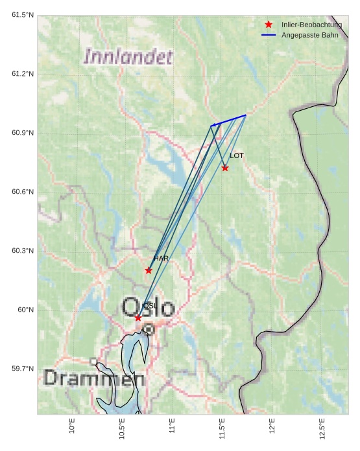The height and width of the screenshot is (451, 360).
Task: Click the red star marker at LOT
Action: pyautogui.click(x=225, y=168)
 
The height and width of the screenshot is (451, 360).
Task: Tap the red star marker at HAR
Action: pyautogui.click(x=149, y=270)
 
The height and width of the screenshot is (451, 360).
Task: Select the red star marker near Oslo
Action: pyautogui.click(x=138, y=318)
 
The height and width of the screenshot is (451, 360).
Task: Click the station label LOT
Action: pyautogui.click(x=237, y=156)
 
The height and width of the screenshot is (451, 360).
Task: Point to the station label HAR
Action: pyautogui.click(x=161, y=259)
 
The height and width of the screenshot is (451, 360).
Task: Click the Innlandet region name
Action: pyautogui.click(x=128, y=57)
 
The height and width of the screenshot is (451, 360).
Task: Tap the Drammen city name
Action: pyautogui.click(x=93, y=378)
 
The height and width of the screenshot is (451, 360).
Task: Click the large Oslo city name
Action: pyautogui.click(x=149, y=307)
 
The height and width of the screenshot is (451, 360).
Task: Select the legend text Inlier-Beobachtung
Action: pyautogui.click(x=311, y=25)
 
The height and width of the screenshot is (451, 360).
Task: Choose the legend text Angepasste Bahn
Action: pyautogui.click(x=310, y=34)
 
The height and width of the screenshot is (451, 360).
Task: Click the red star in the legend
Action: pyautogui.click(x=269, y=25)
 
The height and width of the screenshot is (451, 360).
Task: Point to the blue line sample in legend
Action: pyautogui.click(x=269, y=34)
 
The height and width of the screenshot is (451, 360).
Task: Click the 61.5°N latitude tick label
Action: pyautogui.click(x=23, y=15)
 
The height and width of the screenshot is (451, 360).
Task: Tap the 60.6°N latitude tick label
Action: pyautogui.click(x=23, y=192)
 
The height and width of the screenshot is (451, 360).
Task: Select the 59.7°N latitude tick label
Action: pyautogui.click(x=23, y=369)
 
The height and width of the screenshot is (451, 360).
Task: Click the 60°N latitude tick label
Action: pyautogui.click(x=26, y=310)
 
